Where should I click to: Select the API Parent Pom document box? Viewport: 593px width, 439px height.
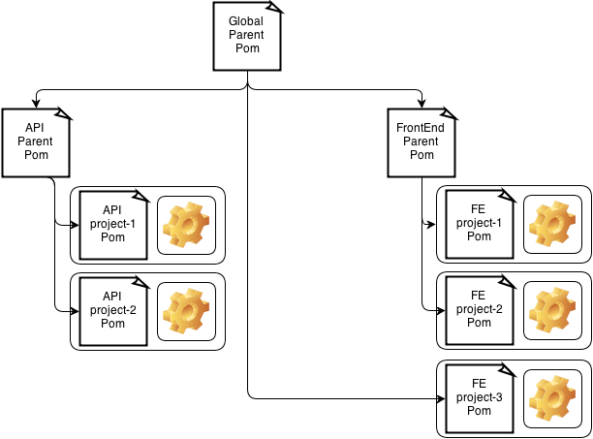point(37,142)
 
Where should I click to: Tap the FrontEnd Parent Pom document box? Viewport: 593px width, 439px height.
point(421,142)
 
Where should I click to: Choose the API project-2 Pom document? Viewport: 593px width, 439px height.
point(113,311)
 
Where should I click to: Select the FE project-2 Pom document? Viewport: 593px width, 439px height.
point(479,311)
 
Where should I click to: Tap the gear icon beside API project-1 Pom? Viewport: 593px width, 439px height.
point(186,226)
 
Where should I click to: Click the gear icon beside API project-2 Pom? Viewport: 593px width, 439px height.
point(186,312)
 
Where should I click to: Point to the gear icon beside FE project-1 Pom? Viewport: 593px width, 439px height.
point(552,226)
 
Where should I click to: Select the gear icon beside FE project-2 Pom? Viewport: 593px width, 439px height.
point(552,312)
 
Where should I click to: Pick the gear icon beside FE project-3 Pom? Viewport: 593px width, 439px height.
point(552,398)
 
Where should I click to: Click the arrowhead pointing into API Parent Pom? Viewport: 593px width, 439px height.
point(37,103)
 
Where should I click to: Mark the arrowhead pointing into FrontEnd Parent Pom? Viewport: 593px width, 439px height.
point(421,103)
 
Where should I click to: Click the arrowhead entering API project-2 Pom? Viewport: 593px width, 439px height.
point(74,311)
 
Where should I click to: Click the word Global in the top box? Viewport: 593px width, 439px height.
point(246,21)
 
